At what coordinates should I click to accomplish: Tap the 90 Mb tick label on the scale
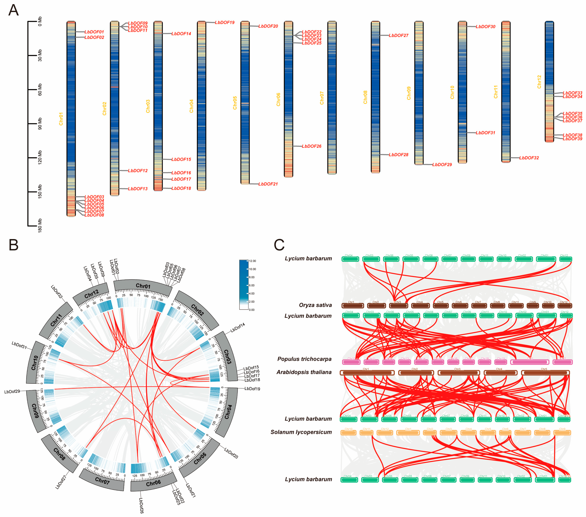coord(40,123)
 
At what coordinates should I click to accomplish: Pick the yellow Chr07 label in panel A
coord(322,98)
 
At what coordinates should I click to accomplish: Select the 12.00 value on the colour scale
coord(252,261)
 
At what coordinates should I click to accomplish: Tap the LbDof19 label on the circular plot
coord(252,389)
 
